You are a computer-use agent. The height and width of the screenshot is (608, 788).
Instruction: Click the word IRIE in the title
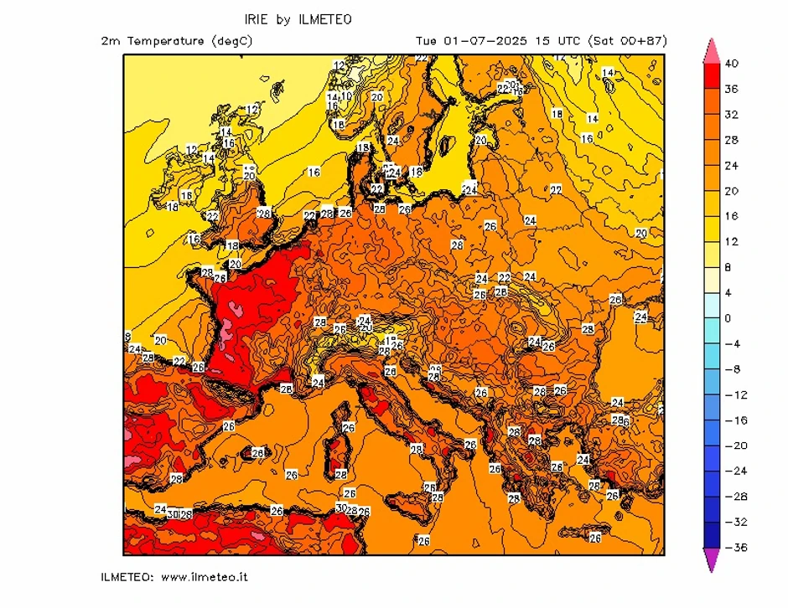[x=257, y=18]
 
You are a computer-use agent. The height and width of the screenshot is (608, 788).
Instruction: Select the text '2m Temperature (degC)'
[x=176, y=40]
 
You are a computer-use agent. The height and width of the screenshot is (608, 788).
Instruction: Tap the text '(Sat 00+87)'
[x=628, y=40]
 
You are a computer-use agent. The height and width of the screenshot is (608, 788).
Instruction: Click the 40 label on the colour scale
[x=732, y=64]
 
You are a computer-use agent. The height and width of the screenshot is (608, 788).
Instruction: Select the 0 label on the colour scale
[x=728, y=318]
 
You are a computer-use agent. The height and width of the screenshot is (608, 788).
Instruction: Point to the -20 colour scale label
[x=732, y=446]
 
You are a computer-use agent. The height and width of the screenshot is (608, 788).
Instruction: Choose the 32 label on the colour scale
[x=732, y=115]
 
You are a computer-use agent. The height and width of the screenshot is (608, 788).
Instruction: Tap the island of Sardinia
[x=339, y=456]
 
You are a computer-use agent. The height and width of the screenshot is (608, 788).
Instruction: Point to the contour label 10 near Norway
[x=346, y=96]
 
